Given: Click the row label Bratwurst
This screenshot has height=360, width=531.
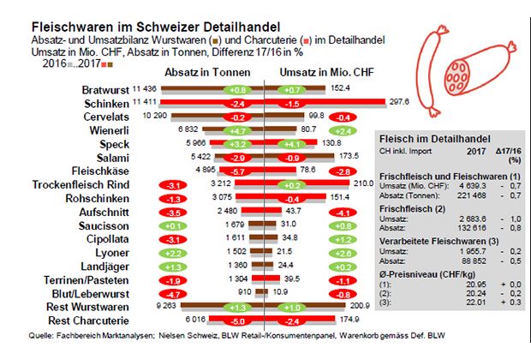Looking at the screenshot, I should point(105,89).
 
